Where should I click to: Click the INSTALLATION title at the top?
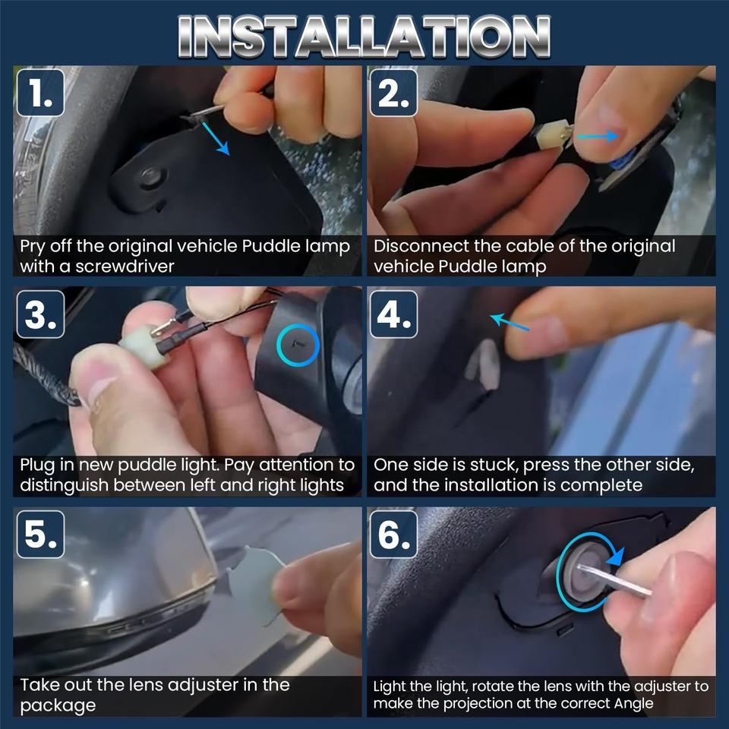point(364,36)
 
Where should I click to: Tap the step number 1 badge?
point(40,93)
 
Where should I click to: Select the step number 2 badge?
point(394,93)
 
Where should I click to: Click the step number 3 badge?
point(40,314)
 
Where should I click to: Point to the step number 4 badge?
point(394,314)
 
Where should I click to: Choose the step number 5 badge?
point(40,534)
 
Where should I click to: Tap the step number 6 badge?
point(394,534)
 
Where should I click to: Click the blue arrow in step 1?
point(216,138)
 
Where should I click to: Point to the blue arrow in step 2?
point(598,136)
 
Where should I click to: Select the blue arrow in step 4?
point(510,322)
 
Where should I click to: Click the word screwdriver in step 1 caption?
point(125,267)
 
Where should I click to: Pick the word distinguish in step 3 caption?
point(64,485)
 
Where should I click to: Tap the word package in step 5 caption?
point(58,705)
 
